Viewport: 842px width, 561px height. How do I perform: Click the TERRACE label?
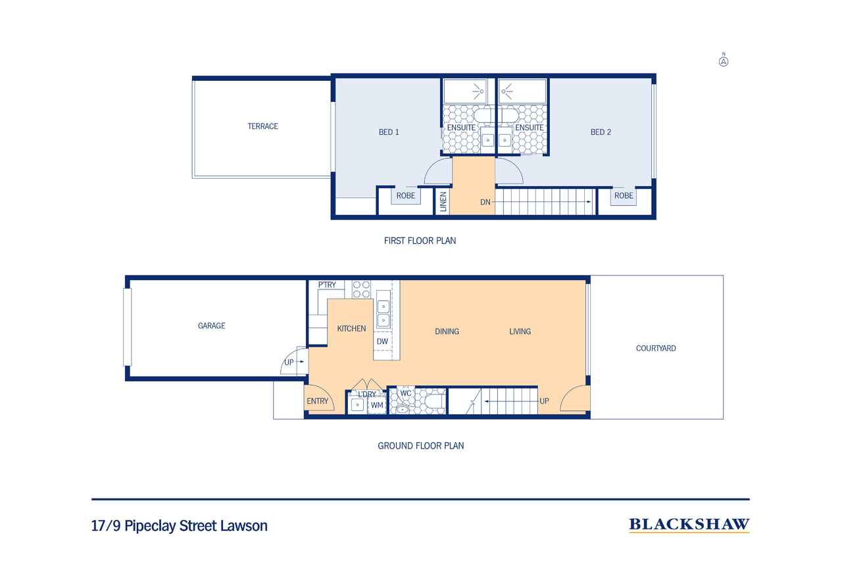pyautogui.click(x=262, y=126)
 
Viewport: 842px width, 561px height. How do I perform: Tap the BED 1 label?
pyautogui.click(x=389, y=132)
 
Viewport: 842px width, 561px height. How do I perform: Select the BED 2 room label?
pyautogui.click(x=601, y=132)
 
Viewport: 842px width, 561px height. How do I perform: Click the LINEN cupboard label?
pyautogui.click(x=443, y=201)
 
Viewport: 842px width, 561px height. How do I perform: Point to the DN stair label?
pyautogui.click(x=485, y=202)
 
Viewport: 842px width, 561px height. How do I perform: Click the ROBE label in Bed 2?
pyautogui.click(x=624, y=196)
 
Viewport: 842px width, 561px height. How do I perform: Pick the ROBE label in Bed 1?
pyautogui.click(x=405, y=196)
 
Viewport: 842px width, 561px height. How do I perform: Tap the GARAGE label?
pyautogui.click(x=211, y=326)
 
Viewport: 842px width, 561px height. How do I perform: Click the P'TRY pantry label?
pyautogui.click(x=327, y=285)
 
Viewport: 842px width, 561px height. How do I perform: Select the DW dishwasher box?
pyautogui.click(x=382, y=342)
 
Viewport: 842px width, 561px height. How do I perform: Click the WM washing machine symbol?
pyautogui.click(x=377, y=406)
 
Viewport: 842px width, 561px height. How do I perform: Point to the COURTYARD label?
pyautogui.click(x=656, y=349)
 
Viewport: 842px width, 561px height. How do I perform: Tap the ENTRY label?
pyautogui.click(x=317, y=401)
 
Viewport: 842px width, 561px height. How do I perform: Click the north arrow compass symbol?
pyautogui.click(x=724, y=61)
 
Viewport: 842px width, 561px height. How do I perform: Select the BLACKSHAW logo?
pyautogui.click(x=689, y=524)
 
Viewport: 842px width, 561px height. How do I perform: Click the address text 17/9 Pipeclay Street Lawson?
pyautogui.click(x=180, y=526)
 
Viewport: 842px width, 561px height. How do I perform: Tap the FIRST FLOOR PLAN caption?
pyautogui.click(x=420, y=241)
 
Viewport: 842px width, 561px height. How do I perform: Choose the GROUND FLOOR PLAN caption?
pyautogui.click(x=420, y=446)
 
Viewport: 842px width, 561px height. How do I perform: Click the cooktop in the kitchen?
pyautogui.click(x=362, y=290)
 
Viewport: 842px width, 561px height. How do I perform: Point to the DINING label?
pyautogui.click(x=447, y=331)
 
